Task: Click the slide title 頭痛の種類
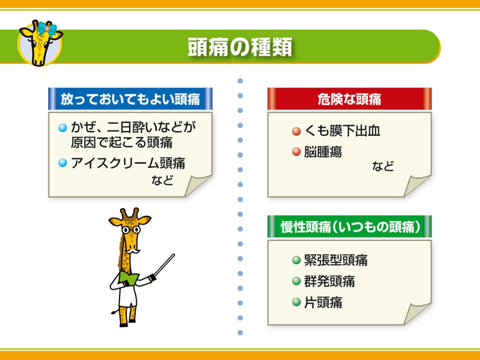pos(239,47)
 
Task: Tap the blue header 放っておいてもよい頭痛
pos(130,99)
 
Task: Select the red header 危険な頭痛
pos(349,99)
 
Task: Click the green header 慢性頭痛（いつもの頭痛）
pos(349,227)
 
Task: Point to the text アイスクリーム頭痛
pos(128,163)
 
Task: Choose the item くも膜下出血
pos(342,130)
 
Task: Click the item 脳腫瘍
pos(323,152)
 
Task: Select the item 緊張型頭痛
pos(336,260)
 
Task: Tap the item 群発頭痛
pos(329,281)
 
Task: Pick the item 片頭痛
pos(323,302)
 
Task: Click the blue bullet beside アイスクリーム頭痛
pos(62,162)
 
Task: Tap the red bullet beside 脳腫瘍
pos(296,151)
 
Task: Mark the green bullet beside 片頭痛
pos(296,302)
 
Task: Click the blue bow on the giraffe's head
pos(47,29)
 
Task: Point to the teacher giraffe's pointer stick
pos(164,265)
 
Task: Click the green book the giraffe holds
pos(128,277)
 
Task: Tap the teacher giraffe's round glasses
pos(131,229)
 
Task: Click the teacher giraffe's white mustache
pos(133,251)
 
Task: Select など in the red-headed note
pos(382,166)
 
